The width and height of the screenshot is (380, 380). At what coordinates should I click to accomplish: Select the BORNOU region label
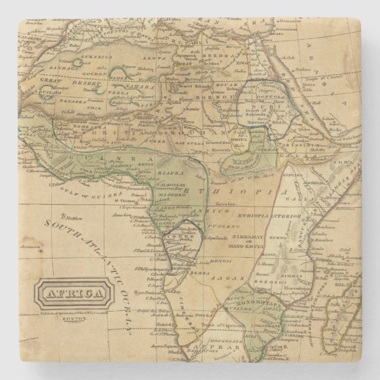[206, 96]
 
